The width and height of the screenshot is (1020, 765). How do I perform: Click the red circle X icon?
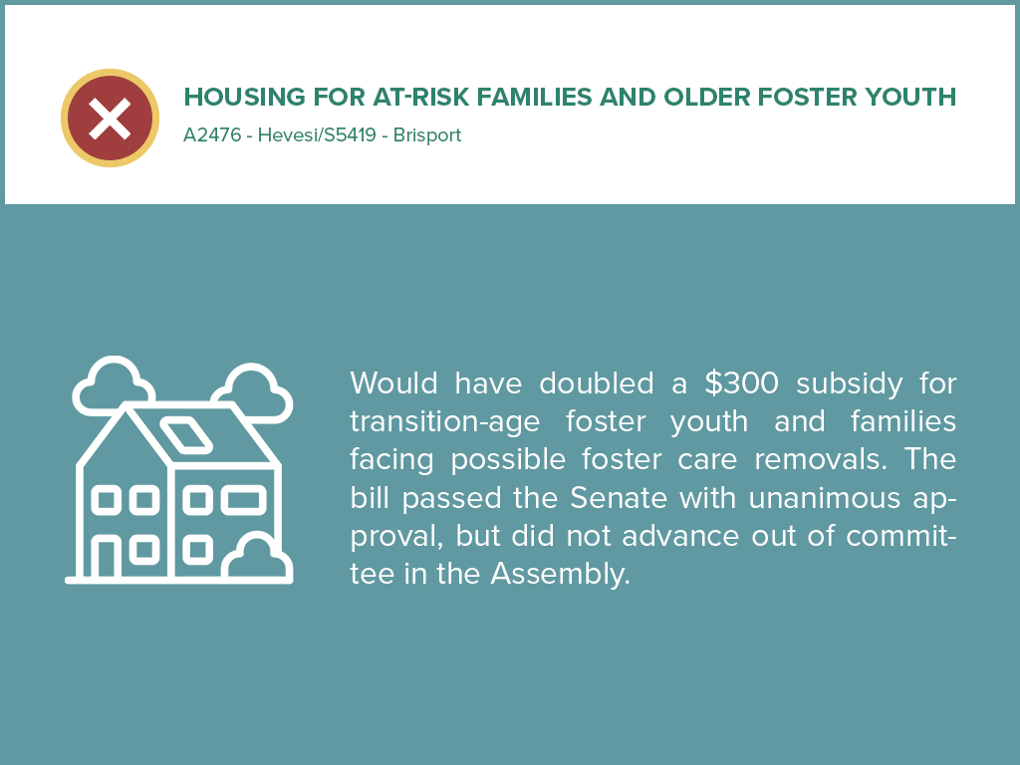click(x=110, y=119)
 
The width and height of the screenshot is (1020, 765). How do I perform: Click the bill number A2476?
click(x=212, y=135)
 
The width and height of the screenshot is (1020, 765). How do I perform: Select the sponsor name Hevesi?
click(x=286, y=135)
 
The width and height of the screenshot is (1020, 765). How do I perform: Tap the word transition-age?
click(x=444, y=421)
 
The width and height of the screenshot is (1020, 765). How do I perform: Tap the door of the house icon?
click(x=105, y=558)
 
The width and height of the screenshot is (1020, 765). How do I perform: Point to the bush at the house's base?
click(x=257, y=560)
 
